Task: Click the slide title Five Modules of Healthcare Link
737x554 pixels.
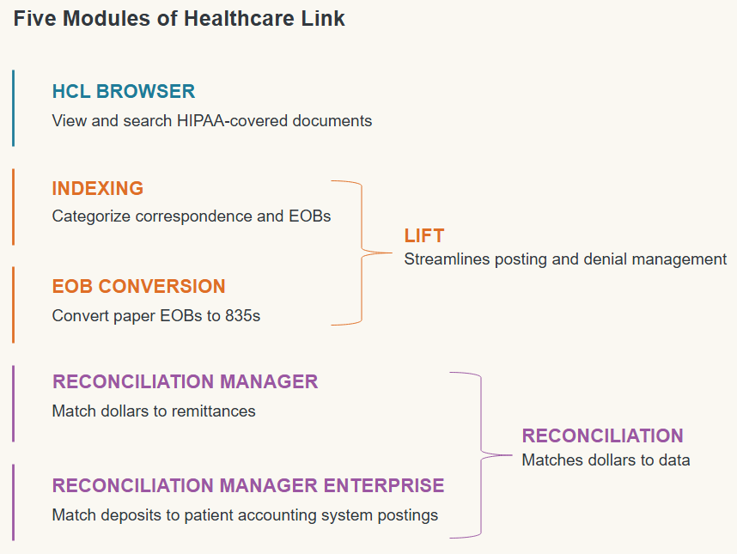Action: [x=179, y=19]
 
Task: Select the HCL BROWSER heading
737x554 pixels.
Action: [x=123, y=91]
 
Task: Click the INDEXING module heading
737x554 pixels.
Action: [x=97, y=188]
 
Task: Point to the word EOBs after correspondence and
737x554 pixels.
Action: [x=310, y=216]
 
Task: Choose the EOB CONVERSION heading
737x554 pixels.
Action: [x=138, y=286]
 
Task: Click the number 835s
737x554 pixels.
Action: [x=242, y=316]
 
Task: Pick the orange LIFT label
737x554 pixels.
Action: [x=424, y=236]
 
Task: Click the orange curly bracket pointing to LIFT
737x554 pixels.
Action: [x=362, y=253]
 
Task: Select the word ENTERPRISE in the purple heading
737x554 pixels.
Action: [x=384, y=485]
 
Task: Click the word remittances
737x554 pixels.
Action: [x=213, y=411]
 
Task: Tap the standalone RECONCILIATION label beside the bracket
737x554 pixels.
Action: [x=603, y=436]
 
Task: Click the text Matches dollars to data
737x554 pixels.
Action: [x=606, y=460]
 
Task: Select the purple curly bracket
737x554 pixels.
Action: [x=481, y=455]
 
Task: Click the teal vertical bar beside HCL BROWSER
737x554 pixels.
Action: [x=13, y=108]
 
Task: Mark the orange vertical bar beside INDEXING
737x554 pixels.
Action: [x=13, y=207]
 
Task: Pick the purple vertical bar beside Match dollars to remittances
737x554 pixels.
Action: [x=13, y=404]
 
